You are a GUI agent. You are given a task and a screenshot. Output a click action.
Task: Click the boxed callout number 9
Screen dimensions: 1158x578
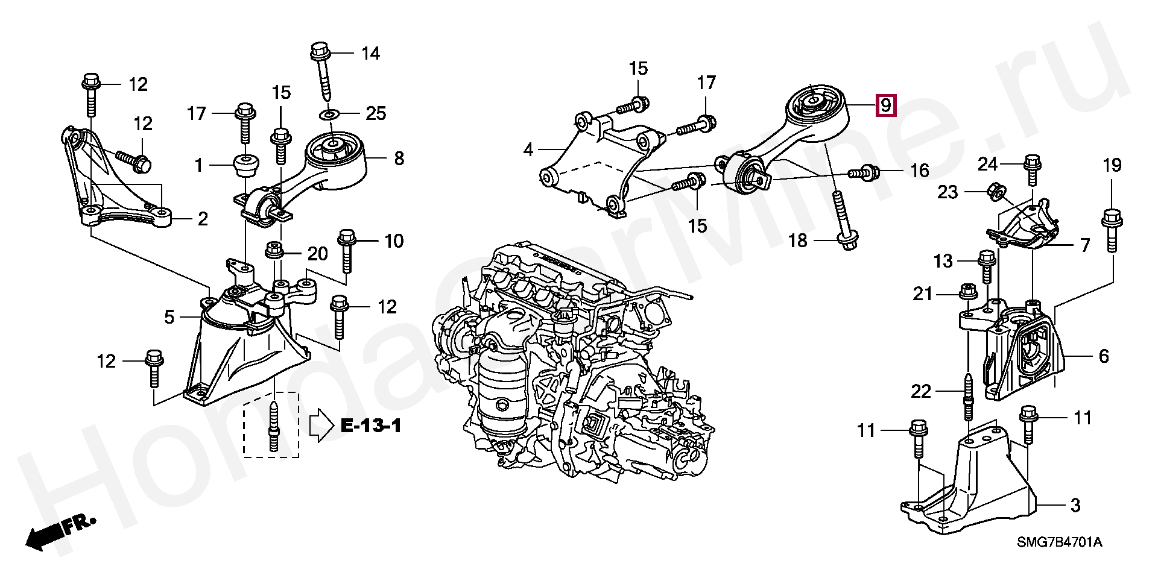point(885,105)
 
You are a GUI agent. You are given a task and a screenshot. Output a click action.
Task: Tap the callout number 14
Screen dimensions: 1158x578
point(370,53)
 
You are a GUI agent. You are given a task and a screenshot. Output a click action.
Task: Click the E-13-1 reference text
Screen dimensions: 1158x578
point(371,426)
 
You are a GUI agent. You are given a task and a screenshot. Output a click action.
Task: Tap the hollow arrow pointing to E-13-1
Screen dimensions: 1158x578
point(320,427)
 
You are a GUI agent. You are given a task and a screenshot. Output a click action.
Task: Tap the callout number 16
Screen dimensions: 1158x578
point(919,171)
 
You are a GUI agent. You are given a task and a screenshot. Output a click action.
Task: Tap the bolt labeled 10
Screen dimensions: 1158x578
point(347,258)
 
